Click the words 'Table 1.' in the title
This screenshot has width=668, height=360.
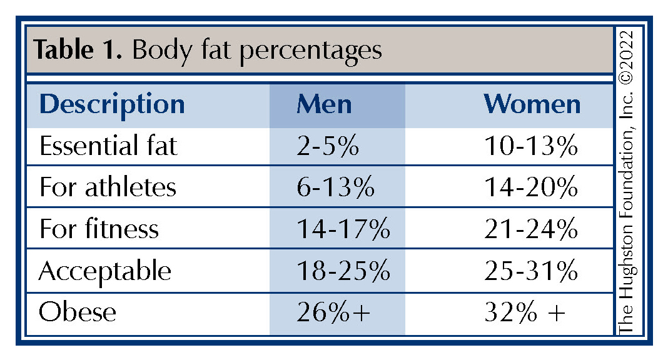coord(78,50)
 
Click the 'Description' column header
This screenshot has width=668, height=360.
coord(112,104)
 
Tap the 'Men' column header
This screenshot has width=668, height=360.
coord(324,104)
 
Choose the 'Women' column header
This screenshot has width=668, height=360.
coord(532,104)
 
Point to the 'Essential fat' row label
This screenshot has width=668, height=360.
coord(108,146)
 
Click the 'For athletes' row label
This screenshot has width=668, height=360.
coord(108,187)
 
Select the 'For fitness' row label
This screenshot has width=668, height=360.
coord(99,229)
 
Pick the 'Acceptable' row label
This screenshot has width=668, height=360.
coord(104,271)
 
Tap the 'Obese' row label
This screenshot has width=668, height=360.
coord(78,312)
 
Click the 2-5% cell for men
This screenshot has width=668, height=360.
coord(327,146)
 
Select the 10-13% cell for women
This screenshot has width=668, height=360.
coord(531,146)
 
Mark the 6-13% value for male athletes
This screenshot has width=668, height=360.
coord(335,187)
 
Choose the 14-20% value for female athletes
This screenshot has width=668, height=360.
coord(531,187)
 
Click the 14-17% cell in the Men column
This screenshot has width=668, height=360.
coord(343,229)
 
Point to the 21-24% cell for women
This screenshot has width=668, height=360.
coord(531,229)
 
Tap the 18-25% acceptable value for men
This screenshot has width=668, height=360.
coord(343,271)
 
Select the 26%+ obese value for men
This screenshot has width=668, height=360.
coord(334,312)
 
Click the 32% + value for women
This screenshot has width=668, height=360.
coord(525,312)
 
